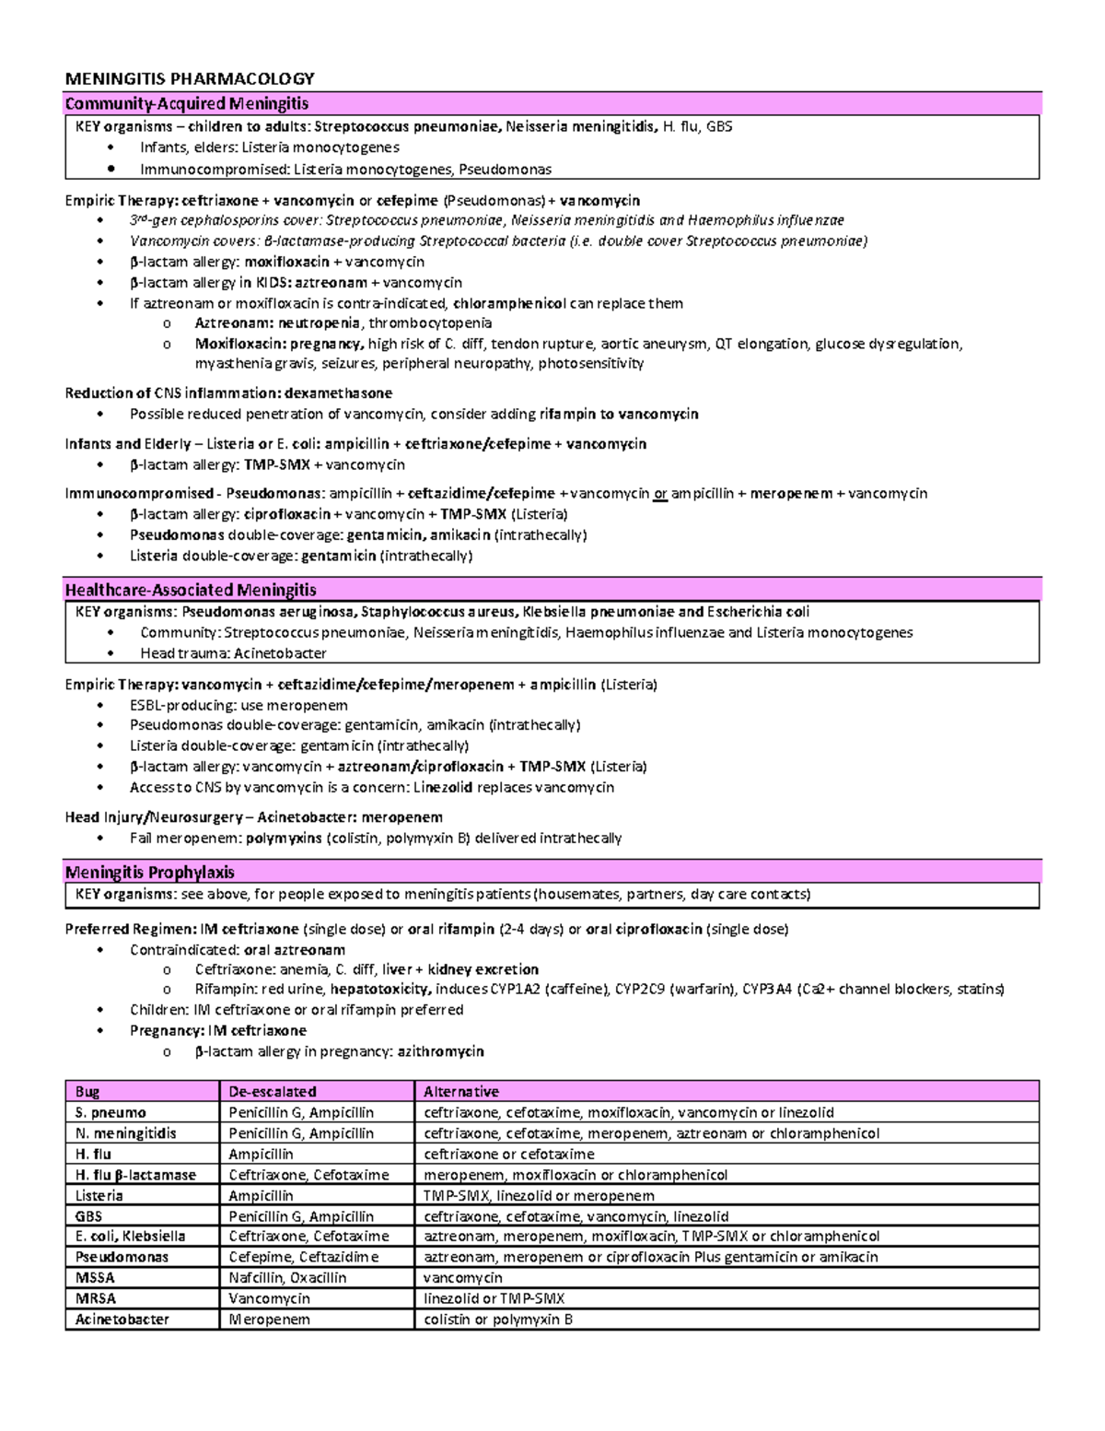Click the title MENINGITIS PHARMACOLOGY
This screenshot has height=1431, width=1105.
189,78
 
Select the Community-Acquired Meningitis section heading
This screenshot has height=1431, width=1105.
186,103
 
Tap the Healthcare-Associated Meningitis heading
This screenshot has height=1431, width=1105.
190,589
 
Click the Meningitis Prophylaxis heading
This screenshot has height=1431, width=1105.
149,872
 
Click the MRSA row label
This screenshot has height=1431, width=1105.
96,1298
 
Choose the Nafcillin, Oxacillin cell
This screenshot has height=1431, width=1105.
287,1277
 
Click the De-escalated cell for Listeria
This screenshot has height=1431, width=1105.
261,1195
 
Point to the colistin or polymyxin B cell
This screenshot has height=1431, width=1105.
498,1319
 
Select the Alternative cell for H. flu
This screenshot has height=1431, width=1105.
508,1154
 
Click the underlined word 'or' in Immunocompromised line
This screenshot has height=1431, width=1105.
659,493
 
